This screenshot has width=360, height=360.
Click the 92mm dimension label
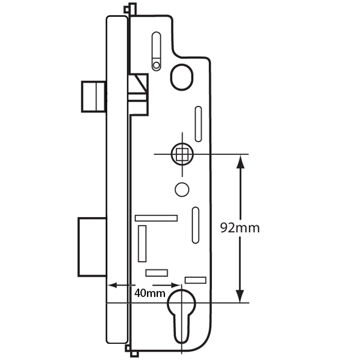pos(240,229)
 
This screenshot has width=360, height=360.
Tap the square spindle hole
pos(182,154)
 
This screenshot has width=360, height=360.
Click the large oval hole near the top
pos(182,76)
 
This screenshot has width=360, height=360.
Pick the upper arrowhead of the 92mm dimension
pos(240,160)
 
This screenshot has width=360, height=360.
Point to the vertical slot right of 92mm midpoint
pos(196,225)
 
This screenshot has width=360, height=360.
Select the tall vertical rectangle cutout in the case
pos(142,244)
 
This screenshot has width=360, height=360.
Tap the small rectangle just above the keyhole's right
pos(196,279)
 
